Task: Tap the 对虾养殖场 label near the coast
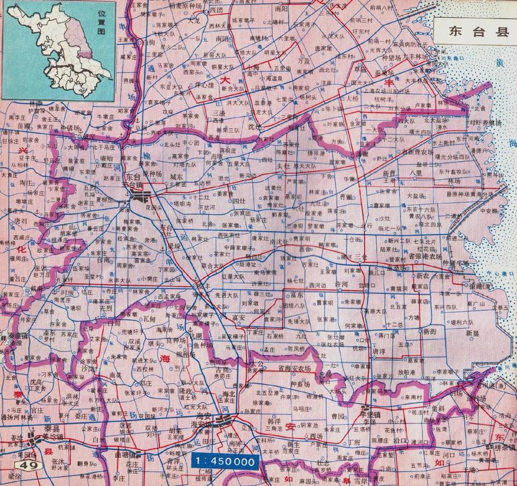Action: coord(484,122)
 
